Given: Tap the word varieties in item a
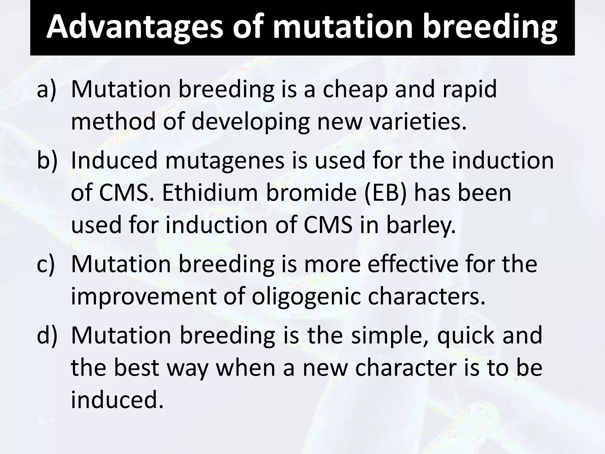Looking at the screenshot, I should click(x=418, y=121).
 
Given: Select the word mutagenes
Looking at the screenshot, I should click(x=225, y=160).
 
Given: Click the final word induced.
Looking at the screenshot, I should click(x=117, y=400).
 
